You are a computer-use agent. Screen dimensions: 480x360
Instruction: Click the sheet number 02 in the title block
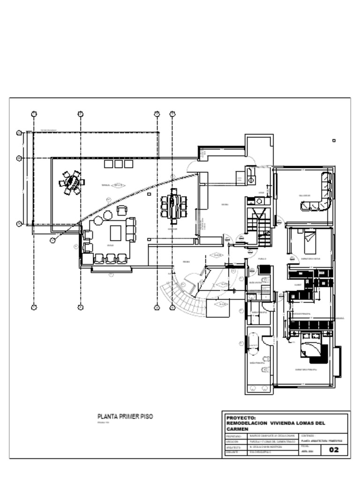click(334, 450)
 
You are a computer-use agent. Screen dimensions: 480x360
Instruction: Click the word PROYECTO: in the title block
click(240, 417)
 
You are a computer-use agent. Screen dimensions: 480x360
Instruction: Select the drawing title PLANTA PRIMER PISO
click(125, 416)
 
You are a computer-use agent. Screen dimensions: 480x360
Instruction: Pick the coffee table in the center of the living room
click(115, 233)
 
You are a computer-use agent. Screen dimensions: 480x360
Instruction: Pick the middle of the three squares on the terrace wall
click(119, 164)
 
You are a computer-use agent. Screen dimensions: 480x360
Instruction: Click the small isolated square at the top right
click(334, 140)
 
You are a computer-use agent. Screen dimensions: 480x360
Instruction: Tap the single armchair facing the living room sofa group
click(121, 210)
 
